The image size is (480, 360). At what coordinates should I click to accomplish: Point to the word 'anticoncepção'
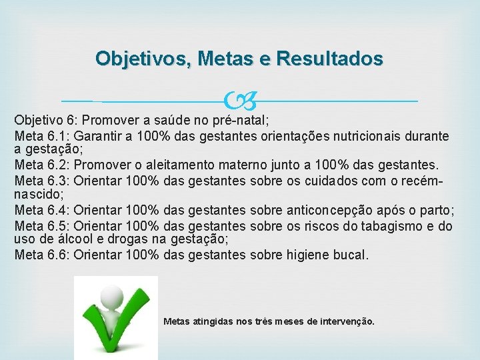click(x=292, y=211)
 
